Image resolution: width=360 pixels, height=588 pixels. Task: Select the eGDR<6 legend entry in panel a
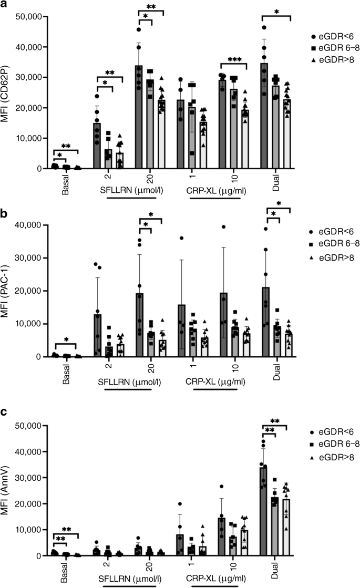[x=330, y=36]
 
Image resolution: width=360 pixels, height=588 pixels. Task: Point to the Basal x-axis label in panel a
[x=65, y=184]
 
